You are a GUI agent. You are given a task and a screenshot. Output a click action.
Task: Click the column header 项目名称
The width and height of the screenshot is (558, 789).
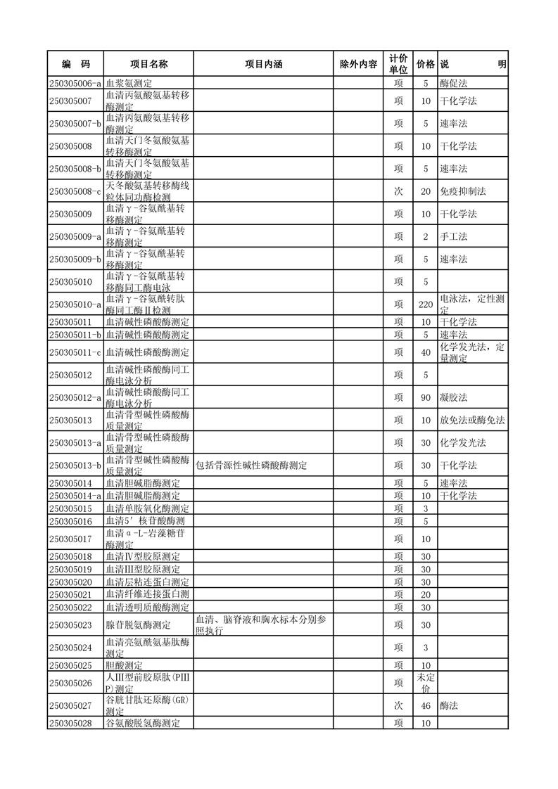point(148,64)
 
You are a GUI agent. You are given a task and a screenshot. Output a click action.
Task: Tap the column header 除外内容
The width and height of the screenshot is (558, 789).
point(358,64)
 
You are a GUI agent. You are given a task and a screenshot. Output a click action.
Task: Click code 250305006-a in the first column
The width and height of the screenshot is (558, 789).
point(76,83)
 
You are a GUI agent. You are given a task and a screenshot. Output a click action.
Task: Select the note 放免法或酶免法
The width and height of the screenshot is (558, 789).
point(472,420)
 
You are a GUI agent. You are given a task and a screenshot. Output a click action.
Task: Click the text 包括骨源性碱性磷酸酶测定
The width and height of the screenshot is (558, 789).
point(251,465)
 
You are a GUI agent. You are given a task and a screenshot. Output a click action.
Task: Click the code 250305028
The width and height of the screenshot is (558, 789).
point(71,723)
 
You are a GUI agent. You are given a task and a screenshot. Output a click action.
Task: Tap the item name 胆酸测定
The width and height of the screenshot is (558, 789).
point(125,665)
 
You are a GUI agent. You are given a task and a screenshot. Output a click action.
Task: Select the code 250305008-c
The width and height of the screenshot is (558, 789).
point(76,191)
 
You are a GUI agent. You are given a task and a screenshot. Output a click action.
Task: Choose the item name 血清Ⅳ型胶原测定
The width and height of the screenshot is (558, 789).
point(143,556)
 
